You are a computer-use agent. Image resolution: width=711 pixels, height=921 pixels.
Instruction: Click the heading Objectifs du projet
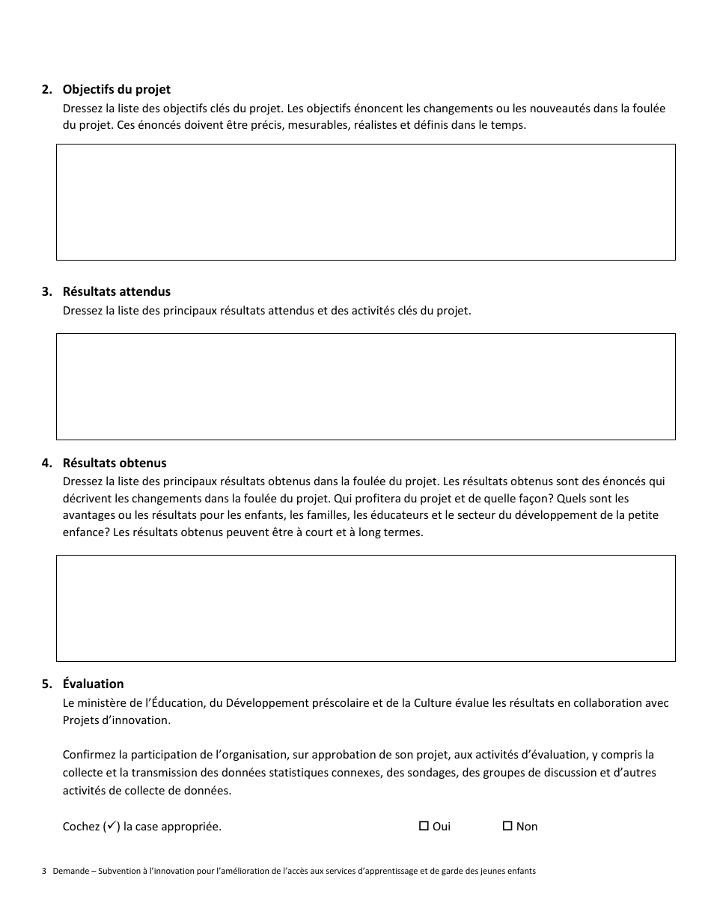[116, 90]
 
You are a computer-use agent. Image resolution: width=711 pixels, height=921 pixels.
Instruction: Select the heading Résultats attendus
[116, 291]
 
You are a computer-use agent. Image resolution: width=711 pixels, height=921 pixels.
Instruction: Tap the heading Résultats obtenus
[115, 463]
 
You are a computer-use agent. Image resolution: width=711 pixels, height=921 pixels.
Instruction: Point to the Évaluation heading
[93, 684]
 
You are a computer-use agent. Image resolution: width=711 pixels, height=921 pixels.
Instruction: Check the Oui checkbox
[424, 826]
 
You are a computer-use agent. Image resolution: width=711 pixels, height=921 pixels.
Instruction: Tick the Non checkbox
[507, 826]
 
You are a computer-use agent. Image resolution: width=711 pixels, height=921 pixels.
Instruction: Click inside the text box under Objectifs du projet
[365, 202]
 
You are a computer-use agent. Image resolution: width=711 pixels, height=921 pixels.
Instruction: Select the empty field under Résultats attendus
[365, 386]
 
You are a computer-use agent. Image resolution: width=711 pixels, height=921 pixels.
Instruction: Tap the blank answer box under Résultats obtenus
[365, 608]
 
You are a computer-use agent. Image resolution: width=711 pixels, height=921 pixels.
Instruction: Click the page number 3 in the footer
[44, 871]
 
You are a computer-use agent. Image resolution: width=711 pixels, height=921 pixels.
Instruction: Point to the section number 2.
[46, 90]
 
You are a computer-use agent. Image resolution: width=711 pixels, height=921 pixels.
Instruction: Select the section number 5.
[46, 684]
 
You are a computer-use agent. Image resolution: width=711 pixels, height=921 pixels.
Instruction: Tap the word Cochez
[81, 827]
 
